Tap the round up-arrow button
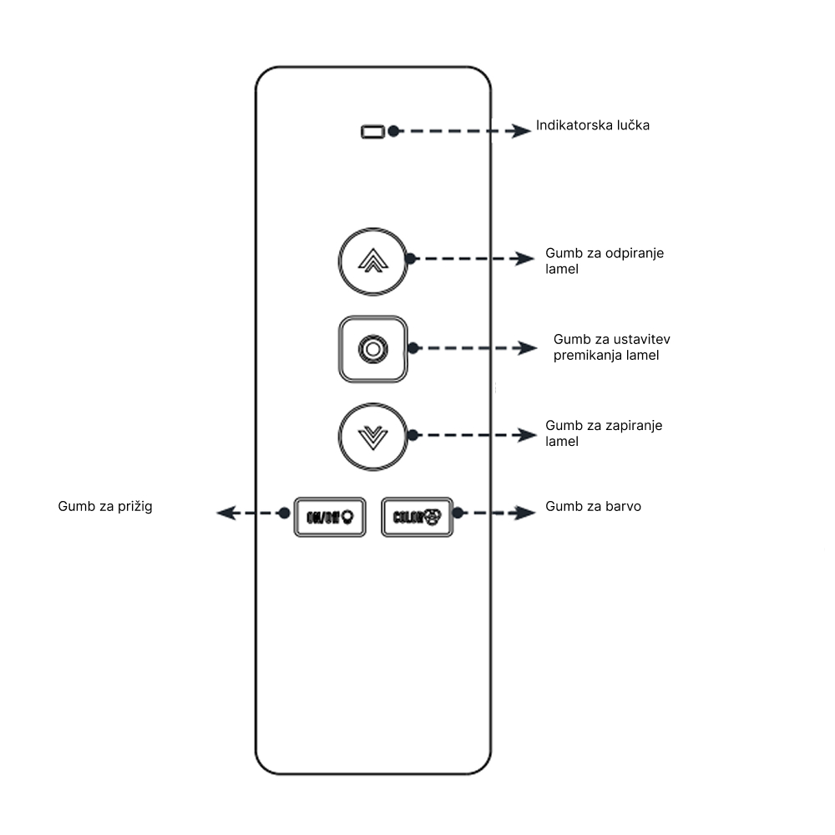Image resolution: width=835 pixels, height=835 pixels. coord(372,261)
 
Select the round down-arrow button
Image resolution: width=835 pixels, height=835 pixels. coord(372,435)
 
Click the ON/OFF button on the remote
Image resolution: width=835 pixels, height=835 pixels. coord(330,517)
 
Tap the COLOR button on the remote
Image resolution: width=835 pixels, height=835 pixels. coord(417,517)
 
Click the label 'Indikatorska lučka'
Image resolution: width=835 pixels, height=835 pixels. coord(593,126)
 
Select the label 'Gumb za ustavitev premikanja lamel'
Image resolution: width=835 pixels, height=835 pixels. coord(612,347)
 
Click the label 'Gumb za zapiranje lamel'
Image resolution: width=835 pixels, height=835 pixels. coord(604,433)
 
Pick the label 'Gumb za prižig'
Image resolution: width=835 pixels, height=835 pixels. coord(105,506)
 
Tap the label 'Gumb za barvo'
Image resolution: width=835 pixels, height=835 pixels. coord(593,506)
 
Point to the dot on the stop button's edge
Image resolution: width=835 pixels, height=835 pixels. coord(411,348)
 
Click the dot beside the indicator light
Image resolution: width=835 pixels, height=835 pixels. coord(394,131)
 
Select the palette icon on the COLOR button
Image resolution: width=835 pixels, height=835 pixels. coord(433,517)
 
